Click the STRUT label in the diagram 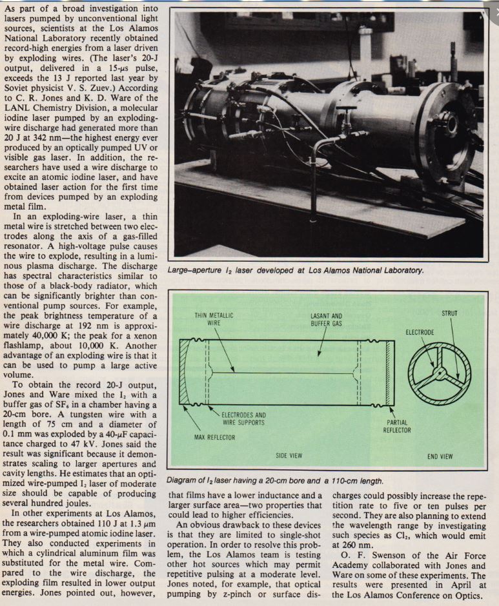click(x=449, y=314)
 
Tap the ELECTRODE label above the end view click(x=420, y=332)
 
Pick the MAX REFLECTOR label click(x=213, y=438)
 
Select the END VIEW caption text click(x=441, y=456)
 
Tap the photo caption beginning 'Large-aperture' click(x=296, y=270)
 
